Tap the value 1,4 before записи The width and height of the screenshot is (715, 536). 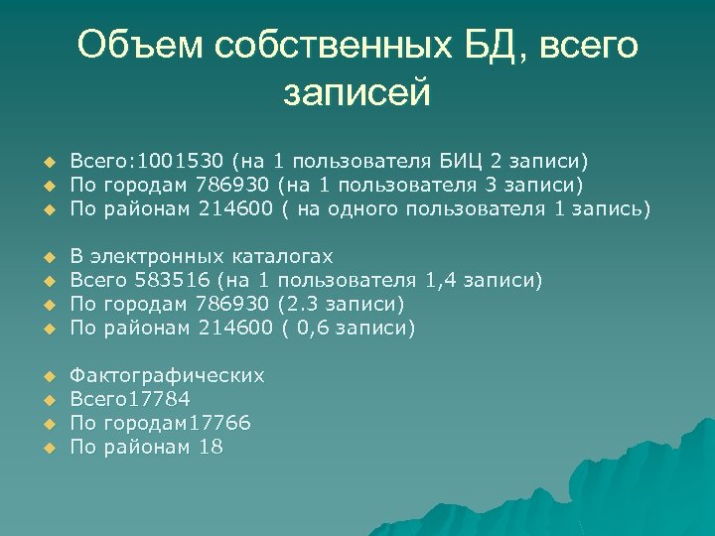pyautogui.click(x=442, y=280)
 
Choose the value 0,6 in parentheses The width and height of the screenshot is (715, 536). pyautogui.click(x=311, y=328)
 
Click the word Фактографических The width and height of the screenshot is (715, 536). pyautogui.click(x=167, y=375)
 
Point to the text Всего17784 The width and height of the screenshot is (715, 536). pyautogui.click(x=129, y=399)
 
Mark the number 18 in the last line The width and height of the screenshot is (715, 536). pyautogui.click(x=211, y=447)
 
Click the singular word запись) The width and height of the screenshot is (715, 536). pyautogui.click(x=610, y=208)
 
